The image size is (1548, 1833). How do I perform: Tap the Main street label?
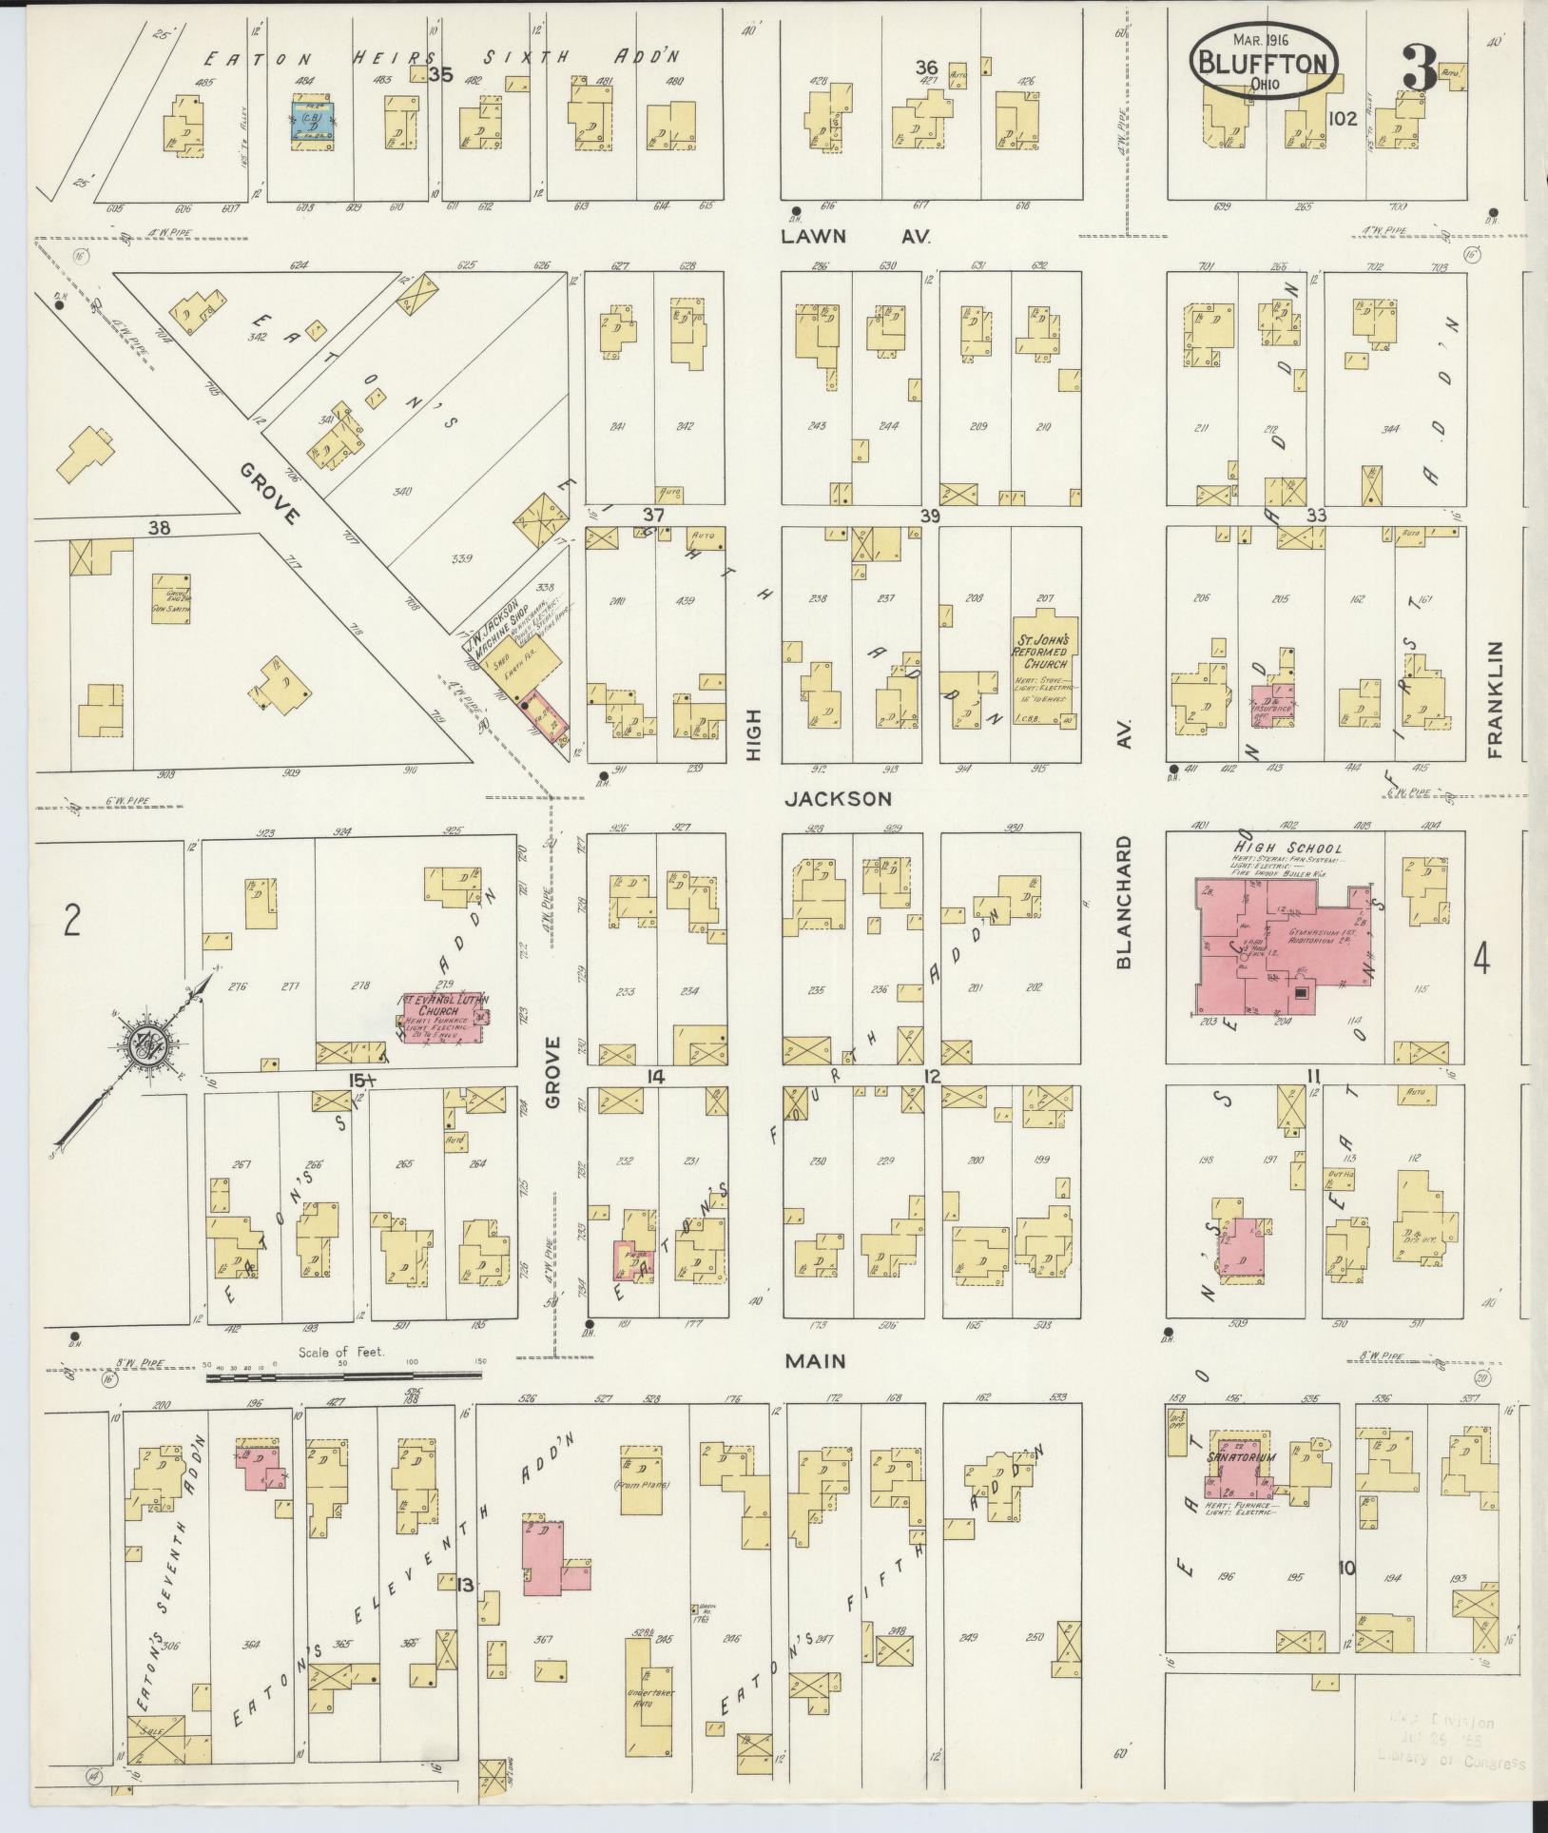click(816, 1361)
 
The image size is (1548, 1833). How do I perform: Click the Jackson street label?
click(838, 799)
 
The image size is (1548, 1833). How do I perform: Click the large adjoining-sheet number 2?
click(69, 921)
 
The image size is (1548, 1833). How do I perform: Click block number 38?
click(158, 525)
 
